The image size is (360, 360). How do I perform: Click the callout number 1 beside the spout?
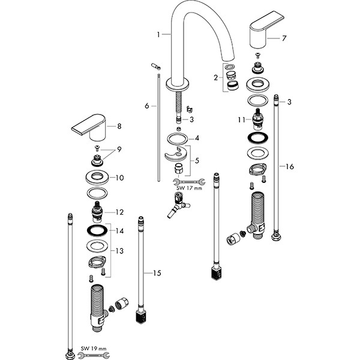(x=159, y=35)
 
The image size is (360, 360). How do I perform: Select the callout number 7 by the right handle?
(x=284, y=38)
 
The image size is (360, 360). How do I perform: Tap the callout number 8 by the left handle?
(x=119, y=126)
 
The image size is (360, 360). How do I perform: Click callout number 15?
(x=157, y=273)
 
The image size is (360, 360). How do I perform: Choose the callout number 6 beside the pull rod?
(x=146, y=106)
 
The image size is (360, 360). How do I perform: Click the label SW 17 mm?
(x=188, y=188)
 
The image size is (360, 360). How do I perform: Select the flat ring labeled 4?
(x=178, y=138)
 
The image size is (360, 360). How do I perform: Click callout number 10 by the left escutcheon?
(x=119, y=178)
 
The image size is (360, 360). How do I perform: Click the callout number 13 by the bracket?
(x=119, y=250)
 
